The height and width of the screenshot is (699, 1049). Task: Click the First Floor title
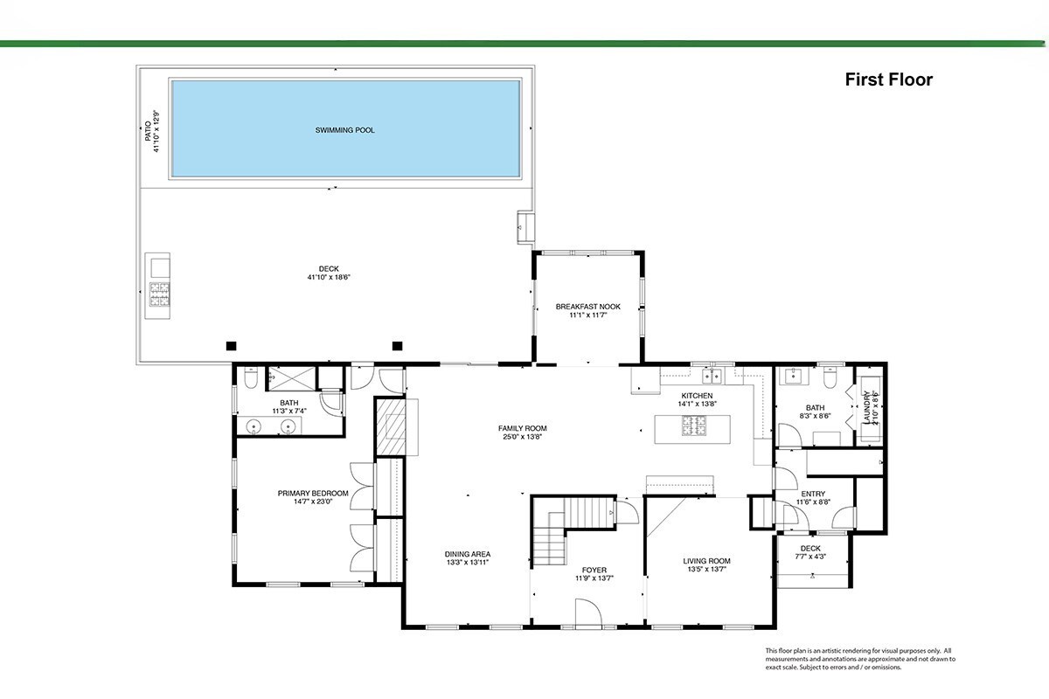(888, 80)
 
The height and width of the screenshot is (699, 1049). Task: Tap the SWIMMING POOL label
(344, 130)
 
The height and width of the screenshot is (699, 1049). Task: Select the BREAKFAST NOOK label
(587, 307)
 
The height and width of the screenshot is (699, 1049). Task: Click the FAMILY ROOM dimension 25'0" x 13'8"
(522, 437)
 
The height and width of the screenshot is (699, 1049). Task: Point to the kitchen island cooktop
(694, 426)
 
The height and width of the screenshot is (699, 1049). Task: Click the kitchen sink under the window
(711, 376)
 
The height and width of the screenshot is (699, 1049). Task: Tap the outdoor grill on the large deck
(159, 294)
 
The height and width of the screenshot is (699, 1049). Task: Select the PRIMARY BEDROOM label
(313, 493)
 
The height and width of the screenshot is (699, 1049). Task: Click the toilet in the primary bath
(251, 377)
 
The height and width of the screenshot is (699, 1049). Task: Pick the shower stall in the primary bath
(291, 378)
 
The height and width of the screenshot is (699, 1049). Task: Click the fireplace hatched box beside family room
(391, 426)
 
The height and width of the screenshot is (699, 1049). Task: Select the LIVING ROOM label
(706, 561)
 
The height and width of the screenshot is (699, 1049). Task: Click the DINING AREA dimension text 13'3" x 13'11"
(468, 563)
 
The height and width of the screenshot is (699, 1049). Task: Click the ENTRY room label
(813, 494)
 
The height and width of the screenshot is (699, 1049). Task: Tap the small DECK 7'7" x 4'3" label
(810, 548)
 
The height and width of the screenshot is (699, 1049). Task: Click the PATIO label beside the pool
(148, 131)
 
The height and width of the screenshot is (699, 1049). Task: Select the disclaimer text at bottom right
(860, 659)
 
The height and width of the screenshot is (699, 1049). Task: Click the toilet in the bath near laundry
(830, 378)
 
